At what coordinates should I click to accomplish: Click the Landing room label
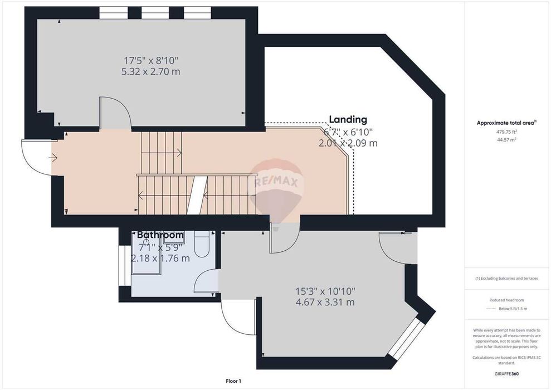point(348,119)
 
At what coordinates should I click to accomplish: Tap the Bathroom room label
point(160,235)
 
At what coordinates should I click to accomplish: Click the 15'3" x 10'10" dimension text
point(325,291)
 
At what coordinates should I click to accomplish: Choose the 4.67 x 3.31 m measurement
point(325,303)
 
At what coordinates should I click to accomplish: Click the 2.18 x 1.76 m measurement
point(160,259)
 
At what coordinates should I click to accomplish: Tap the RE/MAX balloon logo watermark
point(276,183)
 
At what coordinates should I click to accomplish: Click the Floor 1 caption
point(233,381)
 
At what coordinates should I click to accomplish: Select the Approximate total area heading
point(506,123)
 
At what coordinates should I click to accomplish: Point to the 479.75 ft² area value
point(506,132)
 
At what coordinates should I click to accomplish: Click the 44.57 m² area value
point(506,140)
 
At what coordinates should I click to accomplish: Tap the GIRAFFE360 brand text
point(506,374)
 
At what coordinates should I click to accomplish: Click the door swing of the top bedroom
point(115,114)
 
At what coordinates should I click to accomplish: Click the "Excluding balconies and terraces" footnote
point(506,279)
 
